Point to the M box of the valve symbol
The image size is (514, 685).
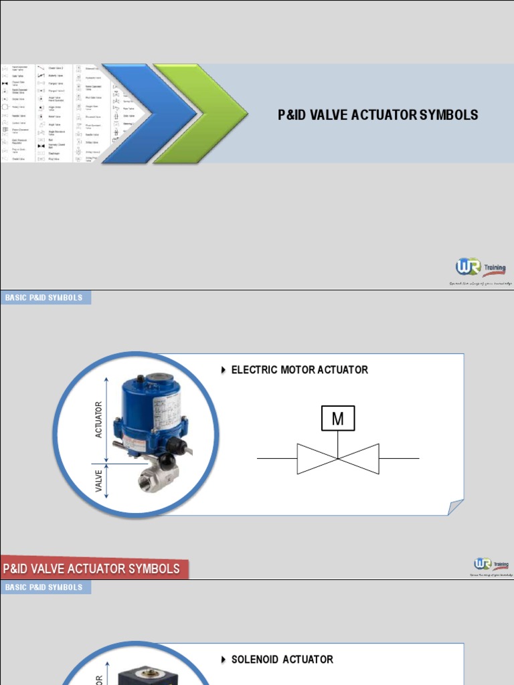coord(338,419)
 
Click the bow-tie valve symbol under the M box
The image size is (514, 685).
coord(338,459)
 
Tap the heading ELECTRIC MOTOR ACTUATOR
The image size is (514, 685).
coord(299,370)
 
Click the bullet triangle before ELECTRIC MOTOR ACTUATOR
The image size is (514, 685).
coord(224,370)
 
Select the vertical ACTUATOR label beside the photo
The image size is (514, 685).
coord(100,419)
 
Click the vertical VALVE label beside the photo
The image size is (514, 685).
coord(100,480)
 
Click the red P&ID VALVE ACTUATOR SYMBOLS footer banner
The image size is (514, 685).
coord(94,569)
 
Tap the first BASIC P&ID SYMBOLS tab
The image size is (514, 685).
coord(44,298)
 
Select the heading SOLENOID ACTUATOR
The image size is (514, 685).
coord(282,660)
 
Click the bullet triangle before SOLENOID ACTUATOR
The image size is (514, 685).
coord(224,660)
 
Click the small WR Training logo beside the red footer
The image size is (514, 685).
coord(492,566)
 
